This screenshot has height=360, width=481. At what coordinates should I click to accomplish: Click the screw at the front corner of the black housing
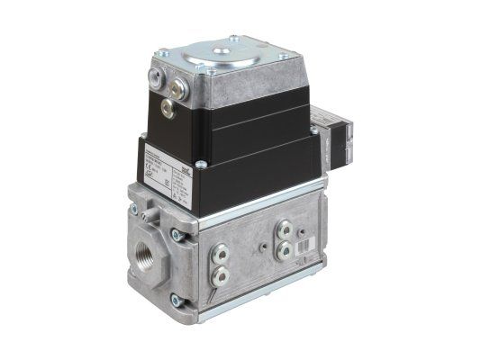(201, 163)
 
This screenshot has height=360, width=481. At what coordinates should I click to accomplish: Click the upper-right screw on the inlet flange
(178, 236)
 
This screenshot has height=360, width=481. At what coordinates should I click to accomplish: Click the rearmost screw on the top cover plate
(236, 38)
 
